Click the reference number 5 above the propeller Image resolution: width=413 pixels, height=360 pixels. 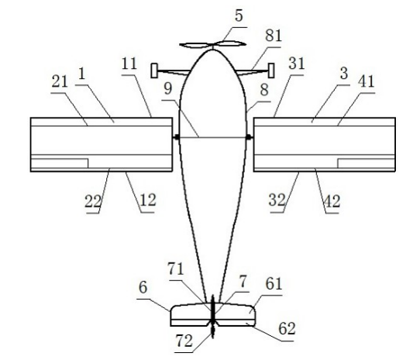tap(239, 16)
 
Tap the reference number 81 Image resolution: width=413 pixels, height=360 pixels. tap(274, 36)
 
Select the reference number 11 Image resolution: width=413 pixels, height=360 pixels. tap(129, 64)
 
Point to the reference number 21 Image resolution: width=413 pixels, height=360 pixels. tap(60, 81)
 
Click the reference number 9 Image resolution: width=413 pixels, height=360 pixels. tap(168, 89)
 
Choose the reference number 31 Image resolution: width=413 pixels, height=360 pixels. tap(296, 64)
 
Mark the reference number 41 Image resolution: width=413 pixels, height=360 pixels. tap(366, 81)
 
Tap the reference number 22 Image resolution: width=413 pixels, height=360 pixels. tap(93, 201)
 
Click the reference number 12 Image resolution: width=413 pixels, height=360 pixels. tap(148, 201)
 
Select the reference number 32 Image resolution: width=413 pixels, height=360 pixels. tap(277, 201)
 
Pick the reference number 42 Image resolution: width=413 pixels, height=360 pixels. tap(332, 202)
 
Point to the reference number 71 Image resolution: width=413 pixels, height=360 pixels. tap(176, 269)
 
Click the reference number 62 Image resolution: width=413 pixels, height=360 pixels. tap(287, 329)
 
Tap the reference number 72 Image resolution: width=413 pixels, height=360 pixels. tap(184, 341)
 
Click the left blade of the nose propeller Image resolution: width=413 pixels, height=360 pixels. tap(196, 45)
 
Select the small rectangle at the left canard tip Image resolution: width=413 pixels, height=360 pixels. tap(154, 70)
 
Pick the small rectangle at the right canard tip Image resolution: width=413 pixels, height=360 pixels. tap(271, 70)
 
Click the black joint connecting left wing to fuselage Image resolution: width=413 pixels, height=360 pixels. tap(177, 137)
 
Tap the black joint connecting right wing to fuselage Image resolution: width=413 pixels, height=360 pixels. tap(248, 137)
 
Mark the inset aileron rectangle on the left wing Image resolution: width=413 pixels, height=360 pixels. tap(60, 163)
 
